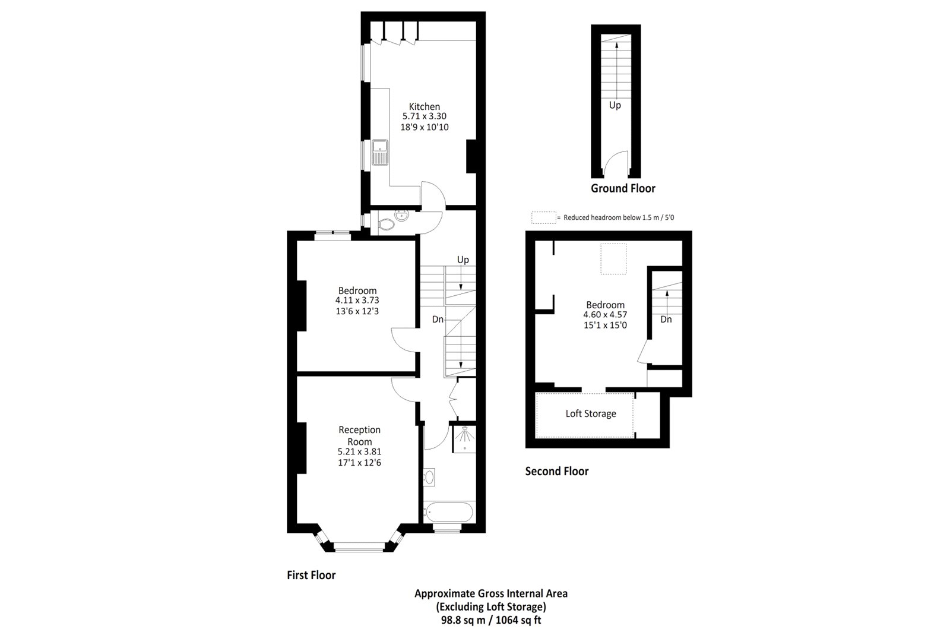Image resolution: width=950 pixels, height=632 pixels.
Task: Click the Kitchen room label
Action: pyautogui.click(x=424, y=106)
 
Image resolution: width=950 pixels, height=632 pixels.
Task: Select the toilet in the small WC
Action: pyautogui.click(x=386, y=224)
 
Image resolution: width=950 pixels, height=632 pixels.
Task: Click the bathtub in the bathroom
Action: pyautogui.click(x=449, y=511)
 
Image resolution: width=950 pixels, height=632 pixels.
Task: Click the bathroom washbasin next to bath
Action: pyautogui.click(x=430, y=477)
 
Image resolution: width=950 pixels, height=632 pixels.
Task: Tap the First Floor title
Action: pyautogui.click(x=311, y=575)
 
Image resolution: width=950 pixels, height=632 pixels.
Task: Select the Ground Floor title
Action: pyautogui.click(x=623, y=188)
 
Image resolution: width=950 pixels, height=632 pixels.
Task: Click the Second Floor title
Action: pyautogui.click(x=557, y=471)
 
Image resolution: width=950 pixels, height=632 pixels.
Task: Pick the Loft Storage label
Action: pyautogui.click(x=590, y=413)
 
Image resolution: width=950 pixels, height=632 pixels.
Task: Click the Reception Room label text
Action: pyautogui.click(x=359, y=435)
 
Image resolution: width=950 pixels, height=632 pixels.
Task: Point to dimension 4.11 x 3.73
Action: pyautogui.click(x=357, y=301)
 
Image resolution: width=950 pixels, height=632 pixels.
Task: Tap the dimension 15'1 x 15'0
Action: pyautogui.click(x=605, y=325)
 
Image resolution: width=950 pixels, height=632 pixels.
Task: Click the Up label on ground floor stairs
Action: pyautogui.click(x=615, y=105)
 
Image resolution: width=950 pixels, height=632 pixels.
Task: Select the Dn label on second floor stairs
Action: pyautogui.click(x=666, y=319)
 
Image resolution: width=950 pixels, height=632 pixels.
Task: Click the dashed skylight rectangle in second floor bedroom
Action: pyautogui.click(x=614, y=260)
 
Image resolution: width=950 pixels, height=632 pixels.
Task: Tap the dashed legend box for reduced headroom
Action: pyautogui.click(x=543, y=217)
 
